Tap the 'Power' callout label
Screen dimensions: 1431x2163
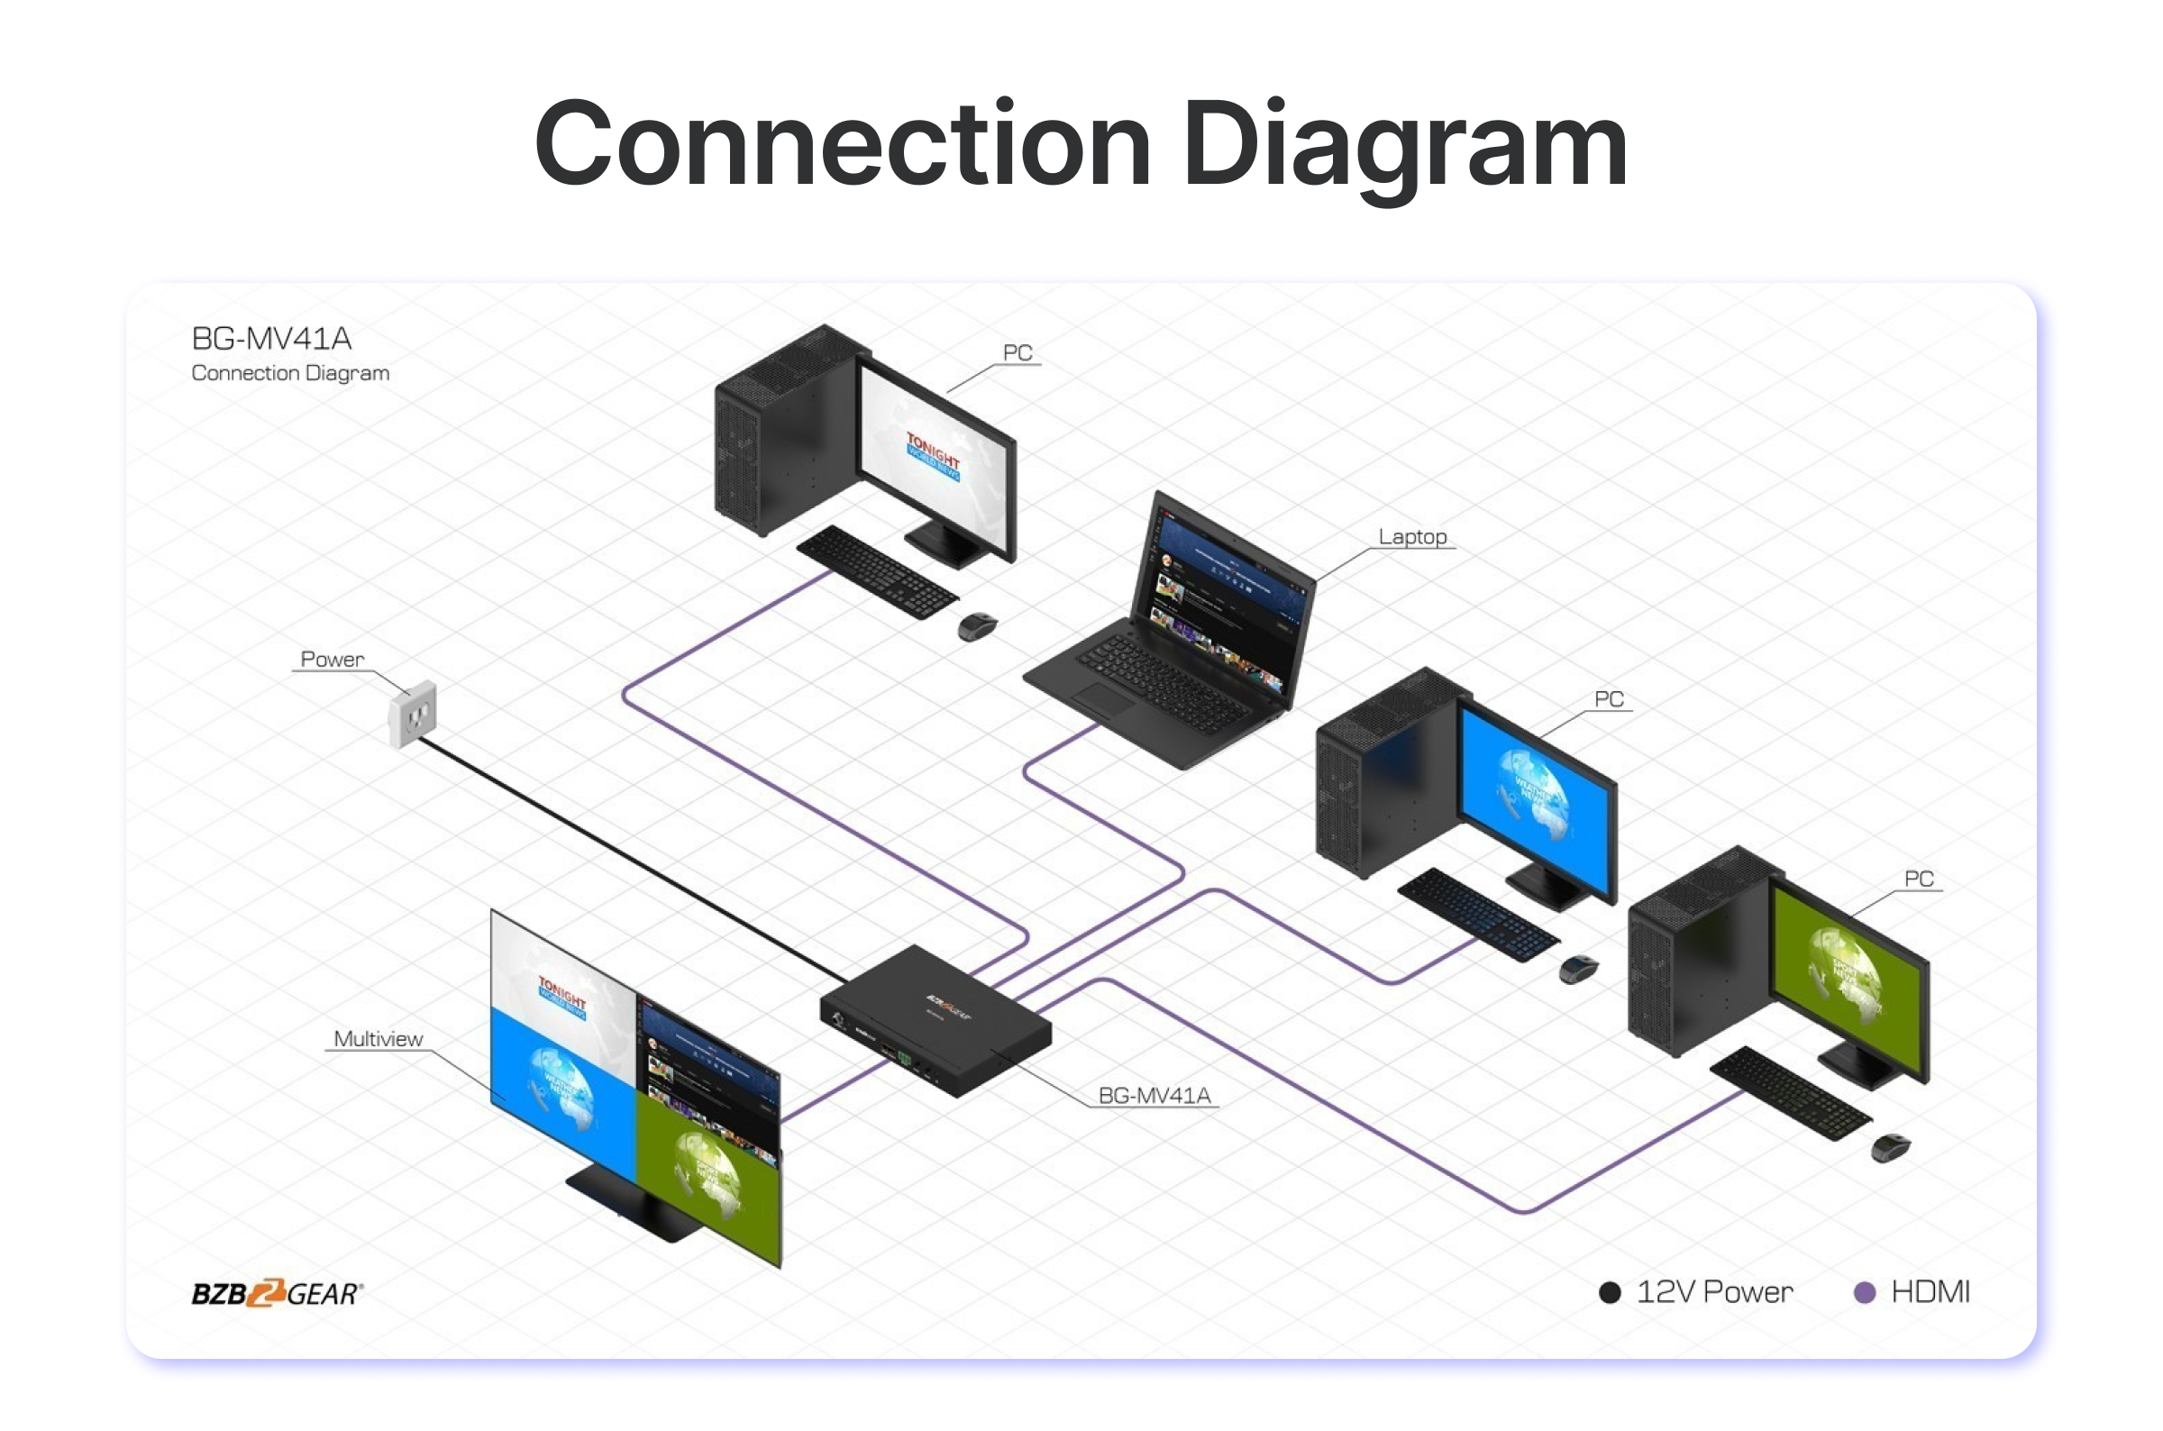[332, 659]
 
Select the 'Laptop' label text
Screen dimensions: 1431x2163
[1412, 537]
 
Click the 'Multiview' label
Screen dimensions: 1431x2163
[378, 1039]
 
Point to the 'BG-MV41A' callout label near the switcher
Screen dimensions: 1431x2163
[1154, 1095]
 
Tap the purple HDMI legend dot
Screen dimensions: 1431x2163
[1865, 1292]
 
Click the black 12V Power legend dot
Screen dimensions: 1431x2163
[1610, 1292]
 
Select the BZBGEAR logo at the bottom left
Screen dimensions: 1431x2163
[277, 1293]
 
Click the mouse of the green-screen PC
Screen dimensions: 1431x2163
[1890, 1147]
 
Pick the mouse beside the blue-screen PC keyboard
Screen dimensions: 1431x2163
[1578, 969]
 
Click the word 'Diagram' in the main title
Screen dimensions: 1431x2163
[1404, 146]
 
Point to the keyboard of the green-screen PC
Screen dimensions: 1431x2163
[1790, 1092]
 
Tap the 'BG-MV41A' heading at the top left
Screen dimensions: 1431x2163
[271, 339]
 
